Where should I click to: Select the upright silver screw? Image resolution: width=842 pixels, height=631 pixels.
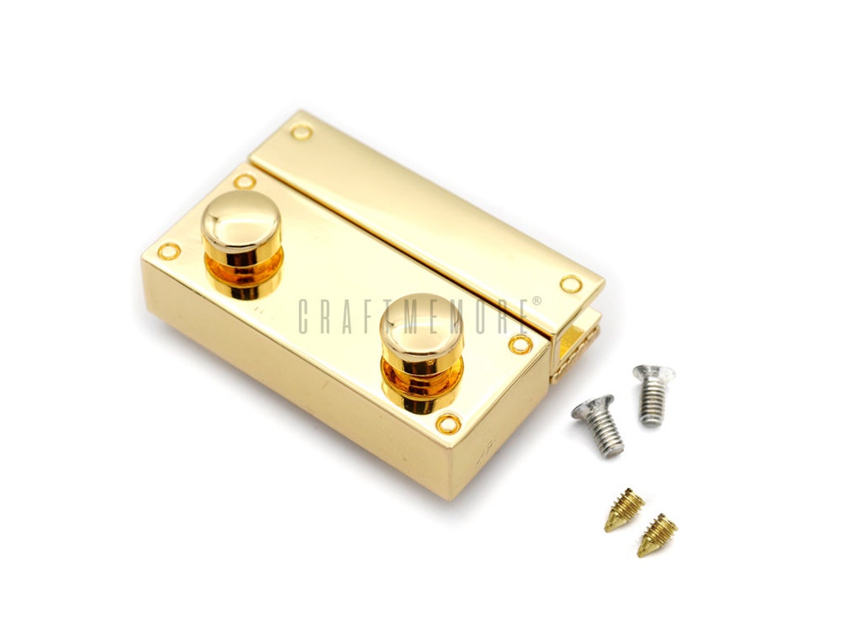pyautogui.click(x=651, y=394)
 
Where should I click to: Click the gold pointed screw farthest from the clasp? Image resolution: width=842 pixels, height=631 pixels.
pyautogui.click(x=657, y=534)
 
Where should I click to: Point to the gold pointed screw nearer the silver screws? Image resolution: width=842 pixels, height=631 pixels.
pyautogui.click(x=625, y=510)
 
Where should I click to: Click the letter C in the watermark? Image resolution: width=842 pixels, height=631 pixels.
pyautogui.click(x=304, y=317)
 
